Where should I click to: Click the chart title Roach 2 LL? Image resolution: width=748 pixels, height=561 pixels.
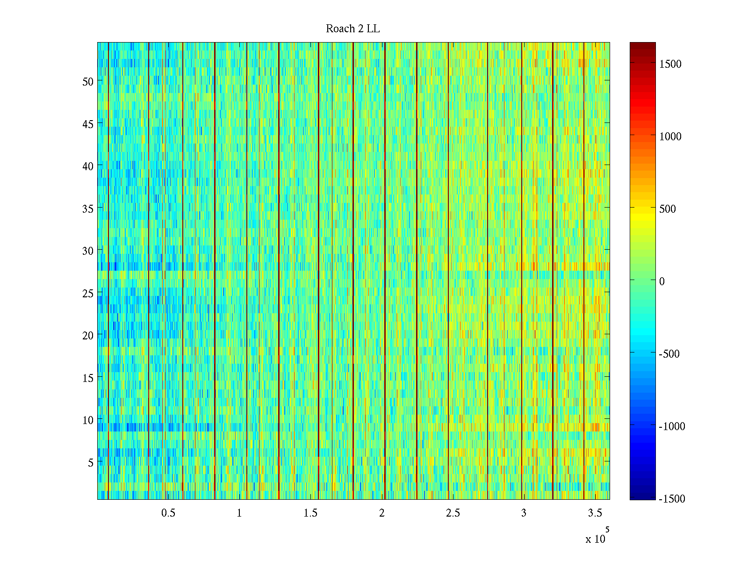pyautogui.click(x=352, y=29)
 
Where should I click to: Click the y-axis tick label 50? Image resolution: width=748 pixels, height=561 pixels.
pyautogui.click(x=88, y=81)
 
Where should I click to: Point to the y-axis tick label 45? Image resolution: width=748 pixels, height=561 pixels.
pyautogui.click(x=88, y=124)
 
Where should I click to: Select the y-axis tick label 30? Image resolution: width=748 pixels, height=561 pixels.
pyautogui.click(x=88, y=251)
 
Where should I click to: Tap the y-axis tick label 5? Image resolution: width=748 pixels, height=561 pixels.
pyautogui.click(x=91, y=462)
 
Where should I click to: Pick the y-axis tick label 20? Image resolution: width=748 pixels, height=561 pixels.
pyautogui.click(x=88, y=335)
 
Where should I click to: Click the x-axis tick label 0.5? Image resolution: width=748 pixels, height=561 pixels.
pyautogui.click(x=168, y=513)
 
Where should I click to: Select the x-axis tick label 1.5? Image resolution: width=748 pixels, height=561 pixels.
pyautogui.click(x=310, y=513)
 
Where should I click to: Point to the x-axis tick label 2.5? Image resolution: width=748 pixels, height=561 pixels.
pyautogui.click(x=453, y=513)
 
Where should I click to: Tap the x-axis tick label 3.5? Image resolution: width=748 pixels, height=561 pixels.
pyautogui.click(x=595, y=513)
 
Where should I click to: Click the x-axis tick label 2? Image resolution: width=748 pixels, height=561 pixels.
pyautogui.click(x=381, y=513)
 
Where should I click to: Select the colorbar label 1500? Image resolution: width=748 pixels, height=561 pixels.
pyautogui.click(x=670, y=65)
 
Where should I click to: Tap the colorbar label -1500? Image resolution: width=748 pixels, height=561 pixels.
pyautogui.click(x=672, y=499)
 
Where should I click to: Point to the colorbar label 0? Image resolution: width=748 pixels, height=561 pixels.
pyautogui.click(x=662, y=281)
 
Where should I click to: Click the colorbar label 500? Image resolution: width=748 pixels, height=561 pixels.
pyautogui.click(x=668, y=209)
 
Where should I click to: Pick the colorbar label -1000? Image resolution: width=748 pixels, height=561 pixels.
pyautogui.click(x=672, y=426)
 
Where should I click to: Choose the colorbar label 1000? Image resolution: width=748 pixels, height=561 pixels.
pyautogui.click(x=670, y=137)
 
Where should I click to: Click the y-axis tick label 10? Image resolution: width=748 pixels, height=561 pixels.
pyautogui.click(x=88, y=420)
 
